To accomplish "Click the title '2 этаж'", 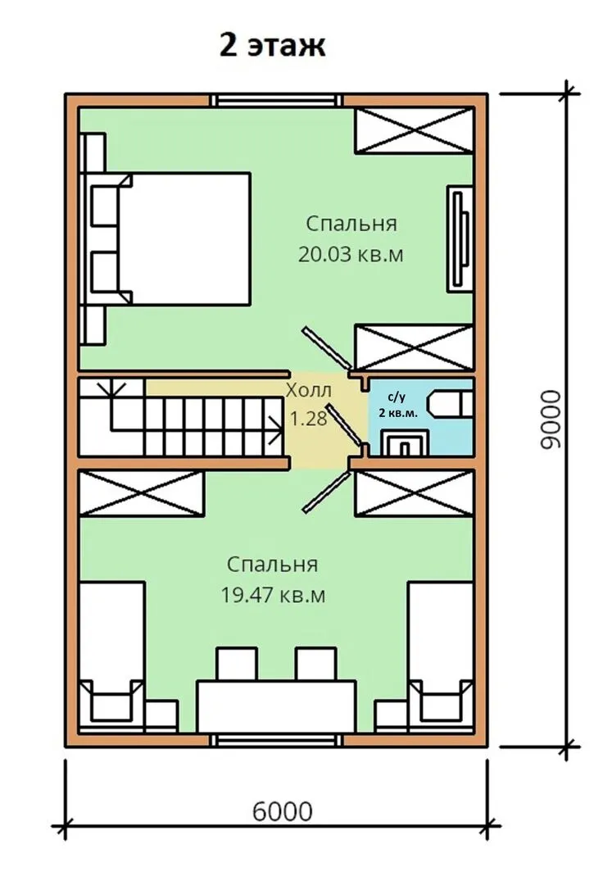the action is [x=273, y=46].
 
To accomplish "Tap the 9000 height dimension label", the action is [x=551, y=420].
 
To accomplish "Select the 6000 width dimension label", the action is [x=282, y=811].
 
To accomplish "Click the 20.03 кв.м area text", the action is [x=351, y=255].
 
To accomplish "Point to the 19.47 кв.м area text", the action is [x=273, y=595].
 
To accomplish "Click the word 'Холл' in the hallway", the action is [x=309, y=390].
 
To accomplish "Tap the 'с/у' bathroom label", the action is [x=397, y=397].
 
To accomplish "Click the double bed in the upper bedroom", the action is [x=165, y=238].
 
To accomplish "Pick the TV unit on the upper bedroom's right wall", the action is [x=460, y=238].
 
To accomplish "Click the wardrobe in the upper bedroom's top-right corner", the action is [x=414, y=129].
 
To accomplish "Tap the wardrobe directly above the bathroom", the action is [x=414, y=347].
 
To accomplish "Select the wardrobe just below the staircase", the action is [x=141, y=492].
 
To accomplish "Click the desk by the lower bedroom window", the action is [x=276, y=706].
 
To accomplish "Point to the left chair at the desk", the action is [x=237, y=665].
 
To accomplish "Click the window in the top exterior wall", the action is [x=276, y=101].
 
